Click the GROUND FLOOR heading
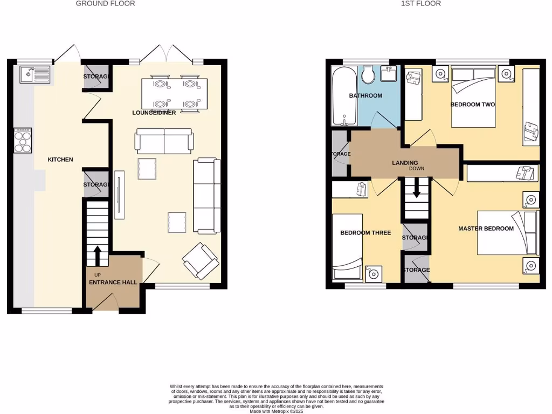tap(105, 4)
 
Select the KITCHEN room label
tap(60, 160)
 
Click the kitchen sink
tap(34, 74)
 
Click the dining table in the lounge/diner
tap(174, 94)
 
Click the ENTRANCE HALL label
tap(113, 282)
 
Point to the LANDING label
tap(405, 163)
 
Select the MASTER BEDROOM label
tap(486, 229)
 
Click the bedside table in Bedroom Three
tap(372, 273)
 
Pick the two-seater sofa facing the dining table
tap(164, 141)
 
